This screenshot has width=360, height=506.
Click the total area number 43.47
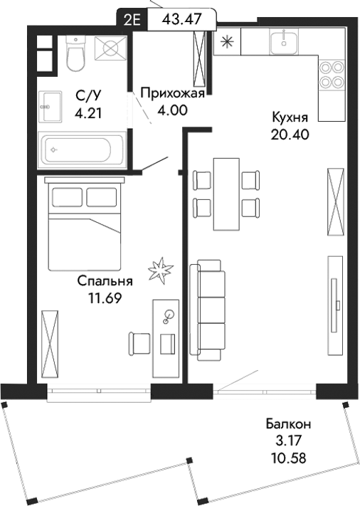pos(180,19)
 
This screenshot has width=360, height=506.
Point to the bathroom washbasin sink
pos(49,107)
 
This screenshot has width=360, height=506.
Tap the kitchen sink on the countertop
pos(287,41)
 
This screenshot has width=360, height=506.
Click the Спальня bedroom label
pos(105,281)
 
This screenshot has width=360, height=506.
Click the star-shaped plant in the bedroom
pos(160,268)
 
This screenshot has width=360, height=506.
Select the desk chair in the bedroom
pos(138,344)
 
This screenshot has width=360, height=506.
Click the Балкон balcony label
pos(293,424)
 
